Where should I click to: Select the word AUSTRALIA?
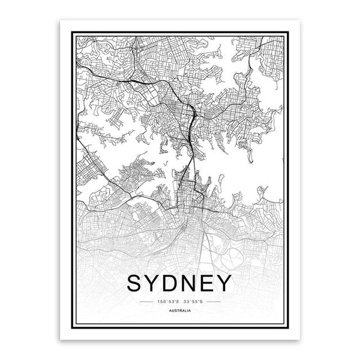pos(181,310)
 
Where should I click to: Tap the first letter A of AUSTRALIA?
pos(172,310)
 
